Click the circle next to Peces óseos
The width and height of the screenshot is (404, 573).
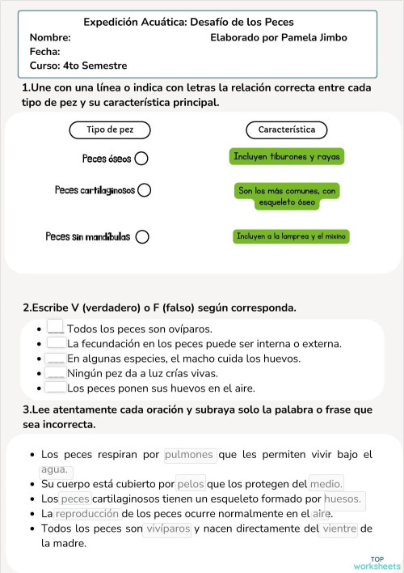pyautogui.click(x=141, y=159)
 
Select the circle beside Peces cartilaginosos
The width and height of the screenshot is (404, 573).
pyautogui.click(x=145, y=190)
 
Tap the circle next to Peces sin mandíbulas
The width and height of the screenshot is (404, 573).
pyautogui.click(x=142, y=237)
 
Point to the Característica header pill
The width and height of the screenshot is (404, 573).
pyautogui.click(x=286, y=129)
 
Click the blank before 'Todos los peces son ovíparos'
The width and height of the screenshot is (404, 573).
pyautogui.click(x=56, y=329)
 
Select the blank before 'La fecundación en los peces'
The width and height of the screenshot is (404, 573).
pyautogui.click(x=56, y=343)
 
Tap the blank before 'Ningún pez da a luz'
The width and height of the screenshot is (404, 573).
pyautogui.click(x=56, y=373)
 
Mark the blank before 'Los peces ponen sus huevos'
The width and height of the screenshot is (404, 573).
pyautogui.click(x=56, y=388)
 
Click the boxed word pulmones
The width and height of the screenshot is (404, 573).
pyautogui.click(x=189, y=455)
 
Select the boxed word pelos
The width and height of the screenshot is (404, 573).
pyautogui.click(x=191, y=484)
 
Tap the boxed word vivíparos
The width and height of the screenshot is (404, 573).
pyautogui.click(x=167, y=529)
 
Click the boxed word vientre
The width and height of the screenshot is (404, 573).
pyautogui.click(x=339, y=529)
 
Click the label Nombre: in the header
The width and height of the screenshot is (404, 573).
pyautogui.click(x=50, y=37)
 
